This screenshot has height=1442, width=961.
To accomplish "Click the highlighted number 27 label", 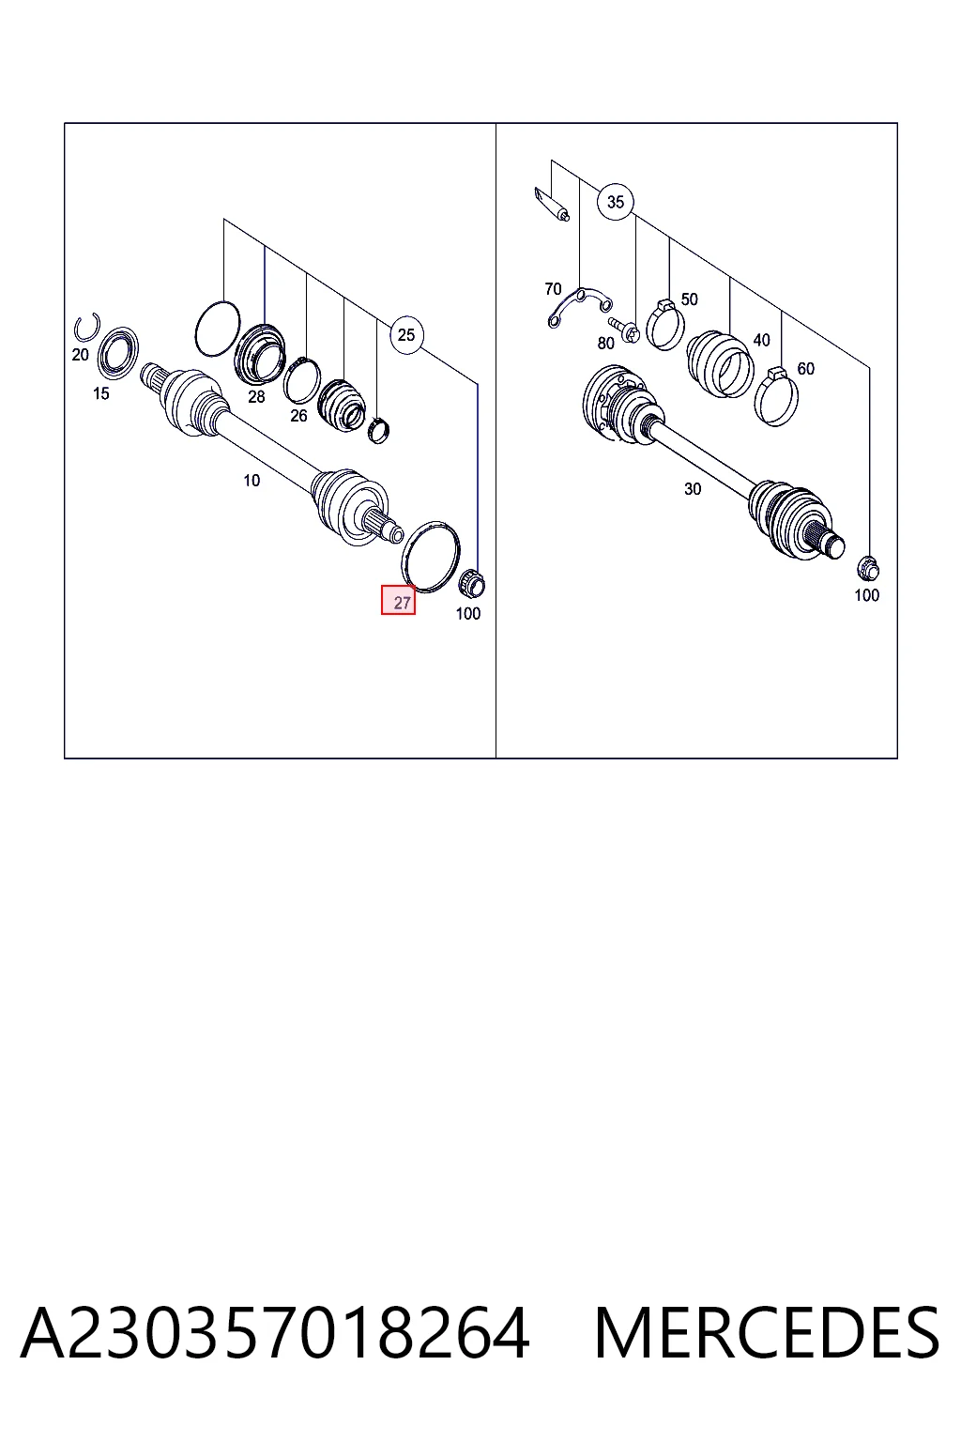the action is [398, 600].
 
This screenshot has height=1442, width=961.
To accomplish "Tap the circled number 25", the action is [406, 335].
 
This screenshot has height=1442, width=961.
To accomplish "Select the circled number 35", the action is [616, 202].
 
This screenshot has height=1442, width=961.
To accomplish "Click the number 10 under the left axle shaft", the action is [252, 481].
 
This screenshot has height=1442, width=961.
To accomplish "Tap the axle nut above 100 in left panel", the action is [471, 584].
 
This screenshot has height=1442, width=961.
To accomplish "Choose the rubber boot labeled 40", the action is [720, 363].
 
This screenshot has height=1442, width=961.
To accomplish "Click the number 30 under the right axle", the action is [693, 489].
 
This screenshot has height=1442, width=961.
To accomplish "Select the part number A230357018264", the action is [275, 1340].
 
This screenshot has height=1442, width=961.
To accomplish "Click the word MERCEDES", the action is [767, 1340].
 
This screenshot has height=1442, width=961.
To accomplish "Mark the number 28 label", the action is [256, 396].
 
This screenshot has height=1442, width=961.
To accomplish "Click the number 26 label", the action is [298, 416].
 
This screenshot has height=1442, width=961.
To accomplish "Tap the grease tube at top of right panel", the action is [551, 204].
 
